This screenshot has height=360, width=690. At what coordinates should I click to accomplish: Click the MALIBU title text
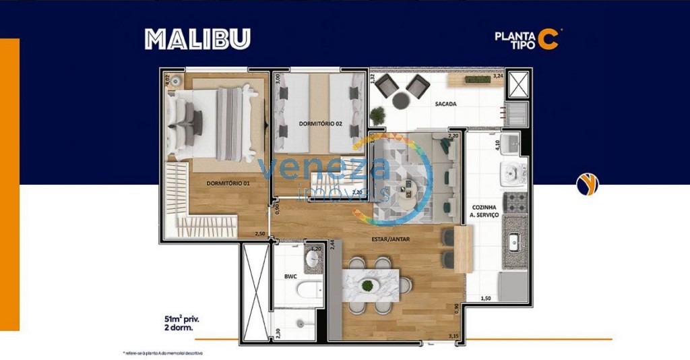click(x=197, y=38)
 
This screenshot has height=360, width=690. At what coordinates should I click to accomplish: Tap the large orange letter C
click(x=549, y=40)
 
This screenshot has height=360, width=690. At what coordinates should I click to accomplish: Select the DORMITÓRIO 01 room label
click(x=228, y=182)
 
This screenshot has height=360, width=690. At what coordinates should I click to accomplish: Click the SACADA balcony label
click(x=446, y=104)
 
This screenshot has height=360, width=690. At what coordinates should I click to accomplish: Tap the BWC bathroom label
click(x=290, y=276)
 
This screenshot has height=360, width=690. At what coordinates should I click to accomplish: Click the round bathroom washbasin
click(x=314, y=259)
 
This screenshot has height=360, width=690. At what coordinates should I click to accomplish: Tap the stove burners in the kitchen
click(x=516, y=201)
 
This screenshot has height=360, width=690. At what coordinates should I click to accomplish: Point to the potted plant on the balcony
click(x=377, y=116)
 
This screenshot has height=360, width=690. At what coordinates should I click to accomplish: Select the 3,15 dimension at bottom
click(x=454, y=335)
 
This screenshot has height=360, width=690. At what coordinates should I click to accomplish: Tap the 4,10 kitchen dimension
click(x=497, y=144)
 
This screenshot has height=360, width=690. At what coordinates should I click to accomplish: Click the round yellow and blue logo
click(x=587, y=184)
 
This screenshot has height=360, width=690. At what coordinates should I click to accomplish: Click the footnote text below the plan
click(x=162, y=353)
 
